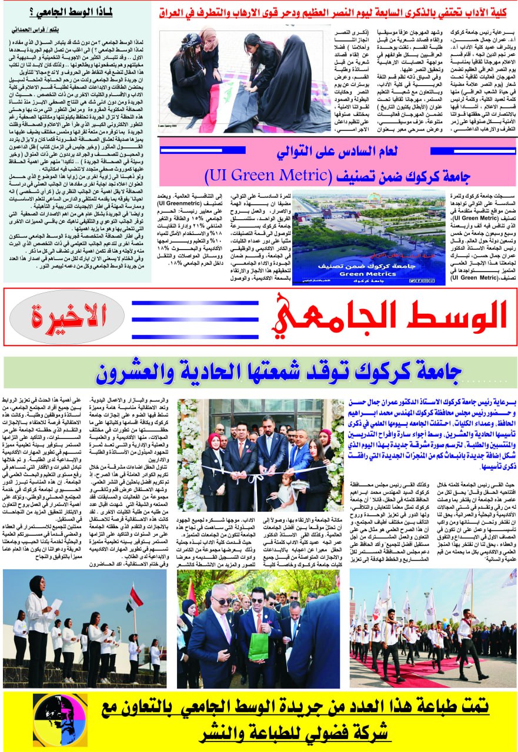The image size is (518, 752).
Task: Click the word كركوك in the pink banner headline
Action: [389, 175]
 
